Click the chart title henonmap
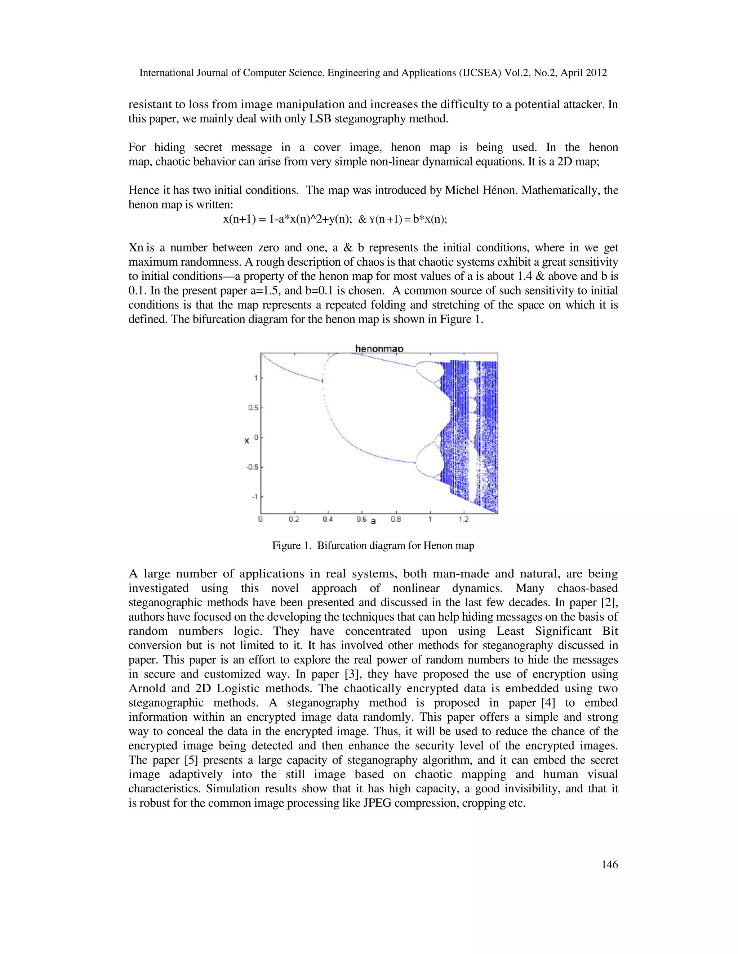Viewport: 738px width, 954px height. click(379, 348)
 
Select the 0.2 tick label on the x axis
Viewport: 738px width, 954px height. click(294, 519)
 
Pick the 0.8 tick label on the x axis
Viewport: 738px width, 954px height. click(396, 519)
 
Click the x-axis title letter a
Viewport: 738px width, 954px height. click(373, 521)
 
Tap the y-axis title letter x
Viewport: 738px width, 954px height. click(246, 441)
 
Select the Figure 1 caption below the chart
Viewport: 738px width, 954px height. click(373, 545)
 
